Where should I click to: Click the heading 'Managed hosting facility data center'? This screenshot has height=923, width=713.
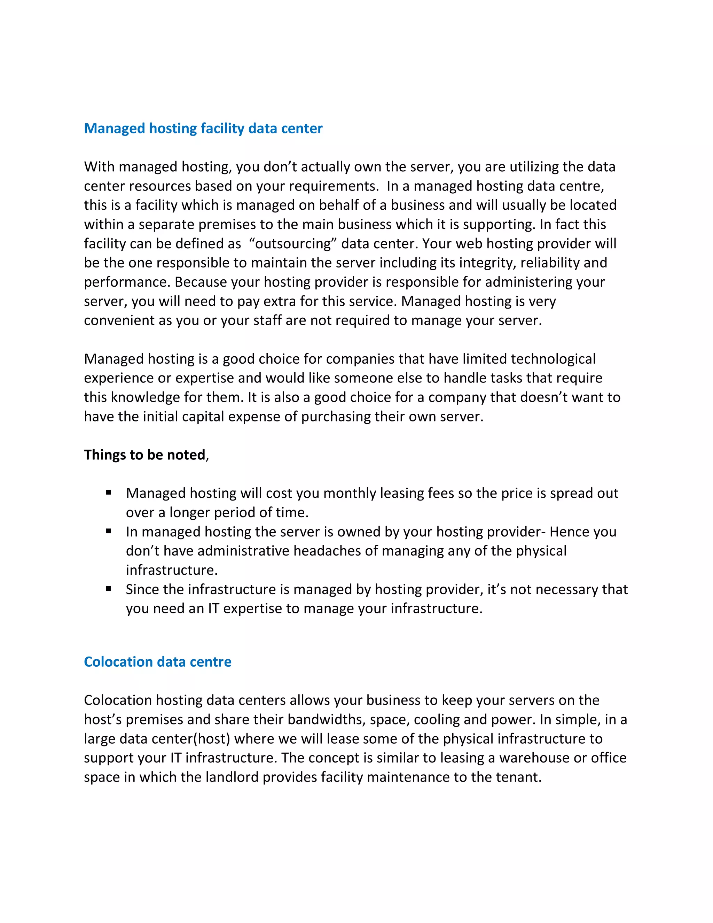[203, 129]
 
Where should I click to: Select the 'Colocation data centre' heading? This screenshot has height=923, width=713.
[158, 662]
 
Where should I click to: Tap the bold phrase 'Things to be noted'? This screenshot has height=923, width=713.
[144, 455]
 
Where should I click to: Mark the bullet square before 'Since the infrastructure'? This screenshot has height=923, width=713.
[109, 588]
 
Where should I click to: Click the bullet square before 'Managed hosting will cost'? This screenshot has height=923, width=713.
[109, 492]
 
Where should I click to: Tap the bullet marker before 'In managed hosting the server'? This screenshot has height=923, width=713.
[109, 531]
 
